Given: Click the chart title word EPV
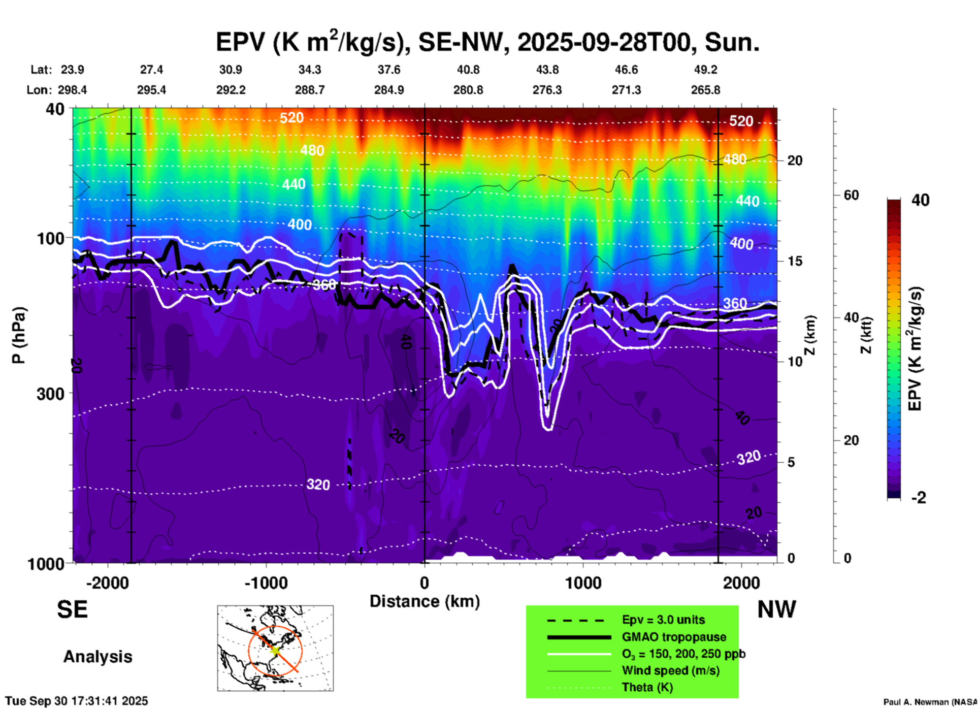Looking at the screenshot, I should pos(240,42).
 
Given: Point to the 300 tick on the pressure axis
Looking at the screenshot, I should pos(50,394).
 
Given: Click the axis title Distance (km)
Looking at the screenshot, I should pos(425,601).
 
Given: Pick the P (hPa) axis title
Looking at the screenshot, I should pos(19,335).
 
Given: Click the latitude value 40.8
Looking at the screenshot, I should pos(468,70).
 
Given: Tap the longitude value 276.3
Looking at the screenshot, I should pos(547,90).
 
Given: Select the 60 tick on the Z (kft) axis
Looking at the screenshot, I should pos(851,195).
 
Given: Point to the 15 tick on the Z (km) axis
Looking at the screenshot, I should pos(795,261).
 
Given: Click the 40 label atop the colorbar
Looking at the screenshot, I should pos(920,200).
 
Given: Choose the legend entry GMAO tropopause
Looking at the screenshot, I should pos(674,637).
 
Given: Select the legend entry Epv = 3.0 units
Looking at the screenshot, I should pos(663,620).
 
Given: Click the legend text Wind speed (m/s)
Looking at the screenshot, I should pos(670,670).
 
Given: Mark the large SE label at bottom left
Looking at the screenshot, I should pos(72,609).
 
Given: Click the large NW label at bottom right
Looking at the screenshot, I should pos(776,609).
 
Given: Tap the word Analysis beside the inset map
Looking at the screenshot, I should pos(97,657).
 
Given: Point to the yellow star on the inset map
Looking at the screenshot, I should pos(275,650).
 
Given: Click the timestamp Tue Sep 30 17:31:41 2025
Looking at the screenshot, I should pos(77,701).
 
